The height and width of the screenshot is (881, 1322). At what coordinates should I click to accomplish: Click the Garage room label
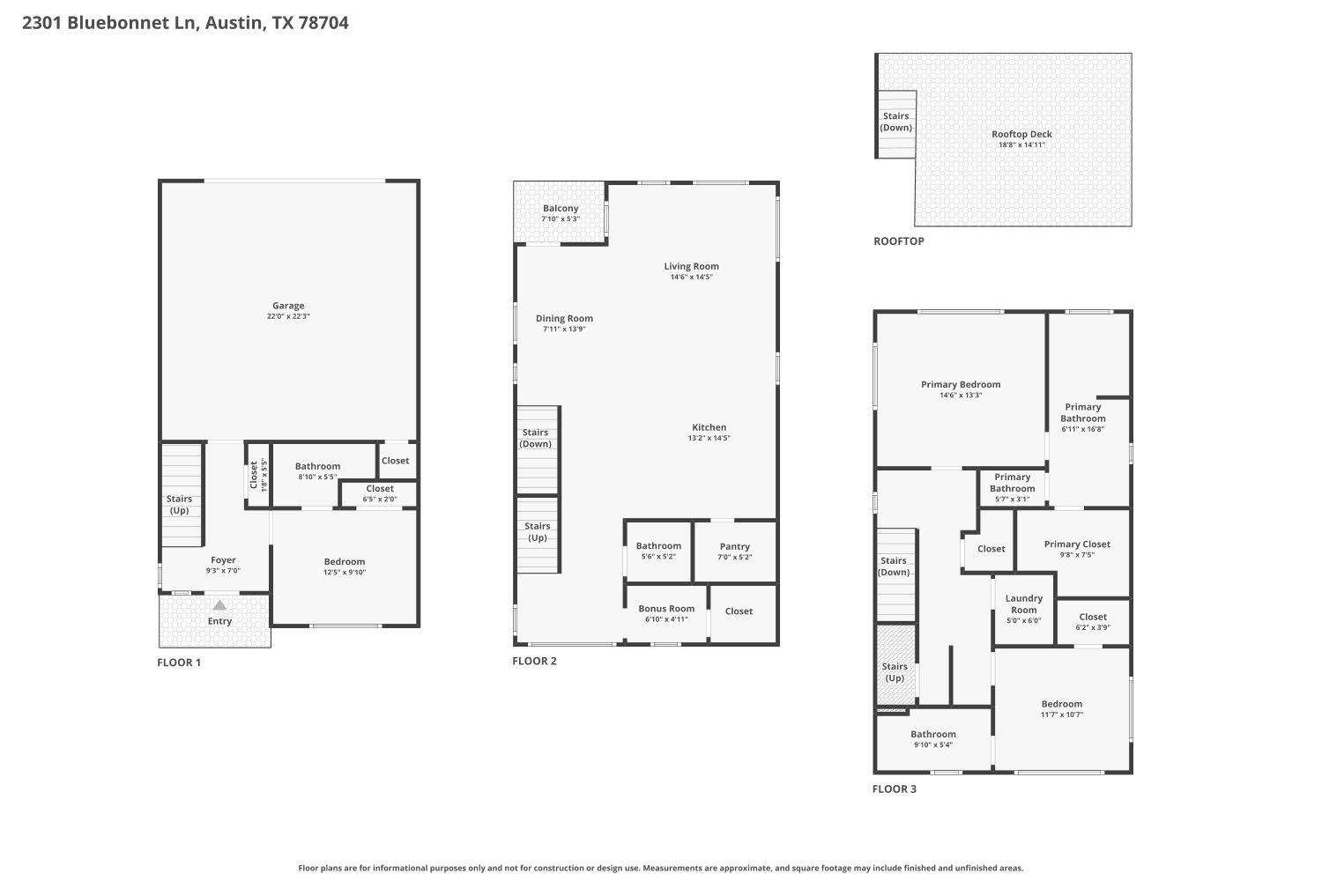coord(288,306)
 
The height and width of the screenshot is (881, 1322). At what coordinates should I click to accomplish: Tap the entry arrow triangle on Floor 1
coord(219,605)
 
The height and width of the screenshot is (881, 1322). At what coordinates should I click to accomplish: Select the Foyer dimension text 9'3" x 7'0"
coord(223,571)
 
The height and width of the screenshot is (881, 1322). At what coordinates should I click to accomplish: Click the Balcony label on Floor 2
coord(561,209)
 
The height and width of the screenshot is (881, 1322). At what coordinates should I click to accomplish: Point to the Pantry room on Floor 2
coord(734,551)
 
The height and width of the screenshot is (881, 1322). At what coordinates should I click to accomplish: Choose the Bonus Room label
coord(666,609)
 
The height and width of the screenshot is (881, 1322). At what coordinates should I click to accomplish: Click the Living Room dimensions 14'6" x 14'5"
coord(691,278)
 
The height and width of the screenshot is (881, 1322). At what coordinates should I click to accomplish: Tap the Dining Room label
coord(564,319)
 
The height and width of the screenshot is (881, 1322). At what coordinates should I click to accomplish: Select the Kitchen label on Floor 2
coord(709,427)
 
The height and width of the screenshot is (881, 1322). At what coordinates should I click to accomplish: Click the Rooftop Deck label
coord(1021,135)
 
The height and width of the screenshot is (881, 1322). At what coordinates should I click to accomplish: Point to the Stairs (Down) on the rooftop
coord(895,122)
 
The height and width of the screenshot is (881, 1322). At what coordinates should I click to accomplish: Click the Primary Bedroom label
coord(961,385)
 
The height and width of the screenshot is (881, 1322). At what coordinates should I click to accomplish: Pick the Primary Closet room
coord(1076,549)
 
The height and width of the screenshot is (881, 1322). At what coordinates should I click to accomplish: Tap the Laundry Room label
coord(1023,604)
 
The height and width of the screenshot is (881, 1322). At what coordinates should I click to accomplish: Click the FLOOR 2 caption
coord(534,662)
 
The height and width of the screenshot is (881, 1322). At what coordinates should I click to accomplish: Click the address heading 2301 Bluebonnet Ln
coord(185,23)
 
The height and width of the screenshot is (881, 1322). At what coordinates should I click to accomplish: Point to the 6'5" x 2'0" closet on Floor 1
coord(380,493)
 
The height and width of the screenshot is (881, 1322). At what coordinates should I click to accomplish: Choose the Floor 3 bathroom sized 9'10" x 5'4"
coord(932,739)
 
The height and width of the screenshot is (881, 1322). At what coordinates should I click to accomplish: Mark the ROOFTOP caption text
coord(898,241)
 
